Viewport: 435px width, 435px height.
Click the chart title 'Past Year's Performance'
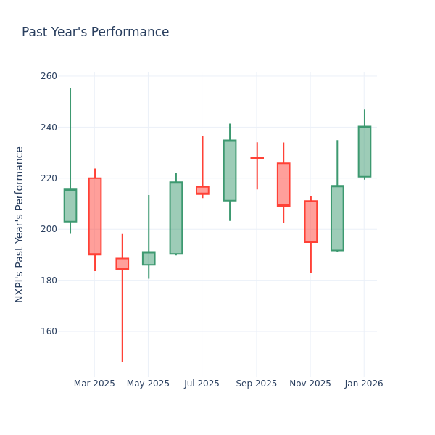point(95,33)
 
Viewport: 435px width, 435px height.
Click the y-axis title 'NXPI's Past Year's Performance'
point(20,224)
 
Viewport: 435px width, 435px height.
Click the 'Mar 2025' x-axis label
point(94,384)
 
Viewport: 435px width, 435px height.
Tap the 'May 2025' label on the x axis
point(148,384)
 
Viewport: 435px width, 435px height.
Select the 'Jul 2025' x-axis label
point(202,384)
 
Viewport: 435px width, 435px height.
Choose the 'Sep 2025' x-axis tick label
point(256,384)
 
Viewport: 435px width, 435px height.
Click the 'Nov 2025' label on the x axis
point(310,384)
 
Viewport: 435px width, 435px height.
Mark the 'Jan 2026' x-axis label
point(364,384)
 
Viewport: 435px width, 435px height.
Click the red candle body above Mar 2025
point(95,216)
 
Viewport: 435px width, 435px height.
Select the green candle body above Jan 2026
point(364,152)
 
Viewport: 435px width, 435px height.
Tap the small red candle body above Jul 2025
point(202,190)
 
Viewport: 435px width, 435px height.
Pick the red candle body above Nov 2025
point(310,221)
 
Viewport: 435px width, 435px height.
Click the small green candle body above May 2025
point(149,258)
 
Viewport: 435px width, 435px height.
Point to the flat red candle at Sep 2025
point(257,158)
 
